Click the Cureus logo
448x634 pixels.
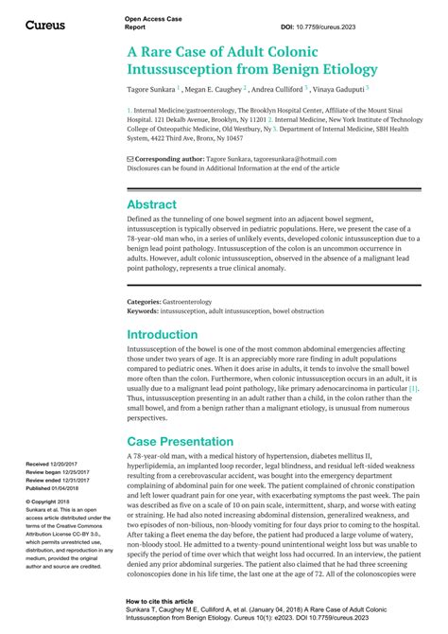click(45, 25)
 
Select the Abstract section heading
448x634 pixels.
click(151, 204)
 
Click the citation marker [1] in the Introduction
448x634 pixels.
click(413, 387)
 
